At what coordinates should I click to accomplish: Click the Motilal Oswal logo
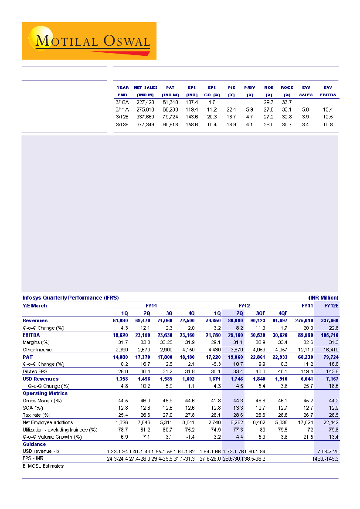coord(89,41)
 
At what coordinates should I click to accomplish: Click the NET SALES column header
coord(146,88)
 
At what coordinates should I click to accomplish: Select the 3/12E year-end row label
coord(122,117)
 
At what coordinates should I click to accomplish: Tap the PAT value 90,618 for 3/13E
coord(170,125)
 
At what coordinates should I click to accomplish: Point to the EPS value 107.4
coord(192,102)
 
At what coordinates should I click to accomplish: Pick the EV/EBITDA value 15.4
coord(328,110)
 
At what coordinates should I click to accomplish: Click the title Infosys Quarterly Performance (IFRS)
coord(71,298)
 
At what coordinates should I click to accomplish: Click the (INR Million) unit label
coord(323,298)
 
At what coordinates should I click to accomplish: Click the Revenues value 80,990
coord(234,320)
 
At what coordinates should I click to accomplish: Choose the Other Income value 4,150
coord(190,350)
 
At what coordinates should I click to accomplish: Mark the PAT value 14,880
coord(115,357)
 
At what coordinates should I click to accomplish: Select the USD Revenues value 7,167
coord(331,379)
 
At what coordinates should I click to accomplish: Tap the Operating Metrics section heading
coord(45,393)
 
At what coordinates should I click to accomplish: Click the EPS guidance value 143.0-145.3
coord(326,459)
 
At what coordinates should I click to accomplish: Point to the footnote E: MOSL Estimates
coord(43,466)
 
